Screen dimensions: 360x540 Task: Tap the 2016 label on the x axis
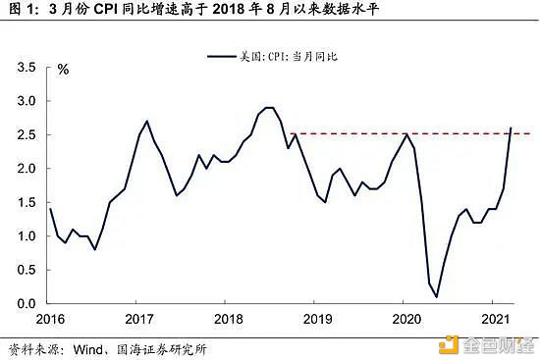coord(51,319)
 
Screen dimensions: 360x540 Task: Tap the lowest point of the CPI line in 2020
coord(436,296)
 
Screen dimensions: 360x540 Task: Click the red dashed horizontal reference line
coord(393,133)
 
